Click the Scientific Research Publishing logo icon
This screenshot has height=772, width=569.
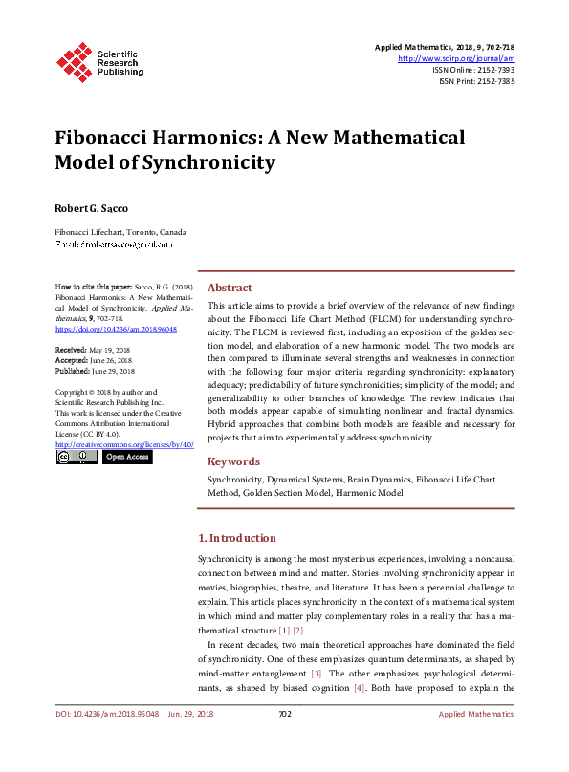coord(75,60)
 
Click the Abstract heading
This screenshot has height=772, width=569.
coord(230,288)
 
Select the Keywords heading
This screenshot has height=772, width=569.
coord(233,461)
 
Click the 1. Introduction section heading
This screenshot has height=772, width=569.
coord(236,538)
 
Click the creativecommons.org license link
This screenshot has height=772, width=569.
coord(125,444)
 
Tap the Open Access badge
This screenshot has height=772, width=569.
coord(127,458)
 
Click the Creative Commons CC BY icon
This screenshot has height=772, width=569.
coord(77,458)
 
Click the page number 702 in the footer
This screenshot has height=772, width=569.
coord(284,714)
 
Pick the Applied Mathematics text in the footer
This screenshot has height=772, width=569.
coord(476,714)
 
